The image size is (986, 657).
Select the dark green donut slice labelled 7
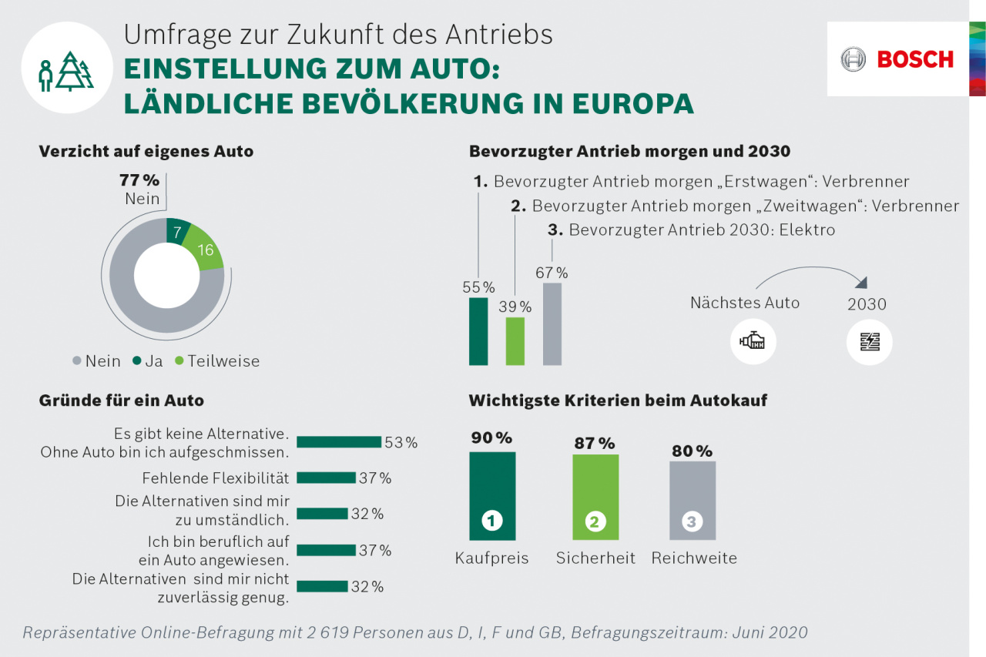click(178, 232)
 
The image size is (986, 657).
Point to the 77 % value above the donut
click(139, 181)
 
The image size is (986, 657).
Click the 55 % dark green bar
click(478, 331)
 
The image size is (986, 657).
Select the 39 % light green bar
click(515, 341)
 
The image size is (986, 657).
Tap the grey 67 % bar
click(552, 323)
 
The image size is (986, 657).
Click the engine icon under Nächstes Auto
click(753, 341)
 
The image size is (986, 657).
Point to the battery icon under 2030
click(869, 341)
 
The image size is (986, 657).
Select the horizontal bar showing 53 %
click(339, 442)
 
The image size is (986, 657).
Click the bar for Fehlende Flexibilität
click(326, 478)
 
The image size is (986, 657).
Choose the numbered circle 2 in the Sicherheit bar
click(595, 521)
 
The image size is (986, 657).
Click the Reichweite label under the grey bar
click(694, 558)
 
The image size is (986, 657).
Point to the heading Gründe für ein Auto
click(121, 401)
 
